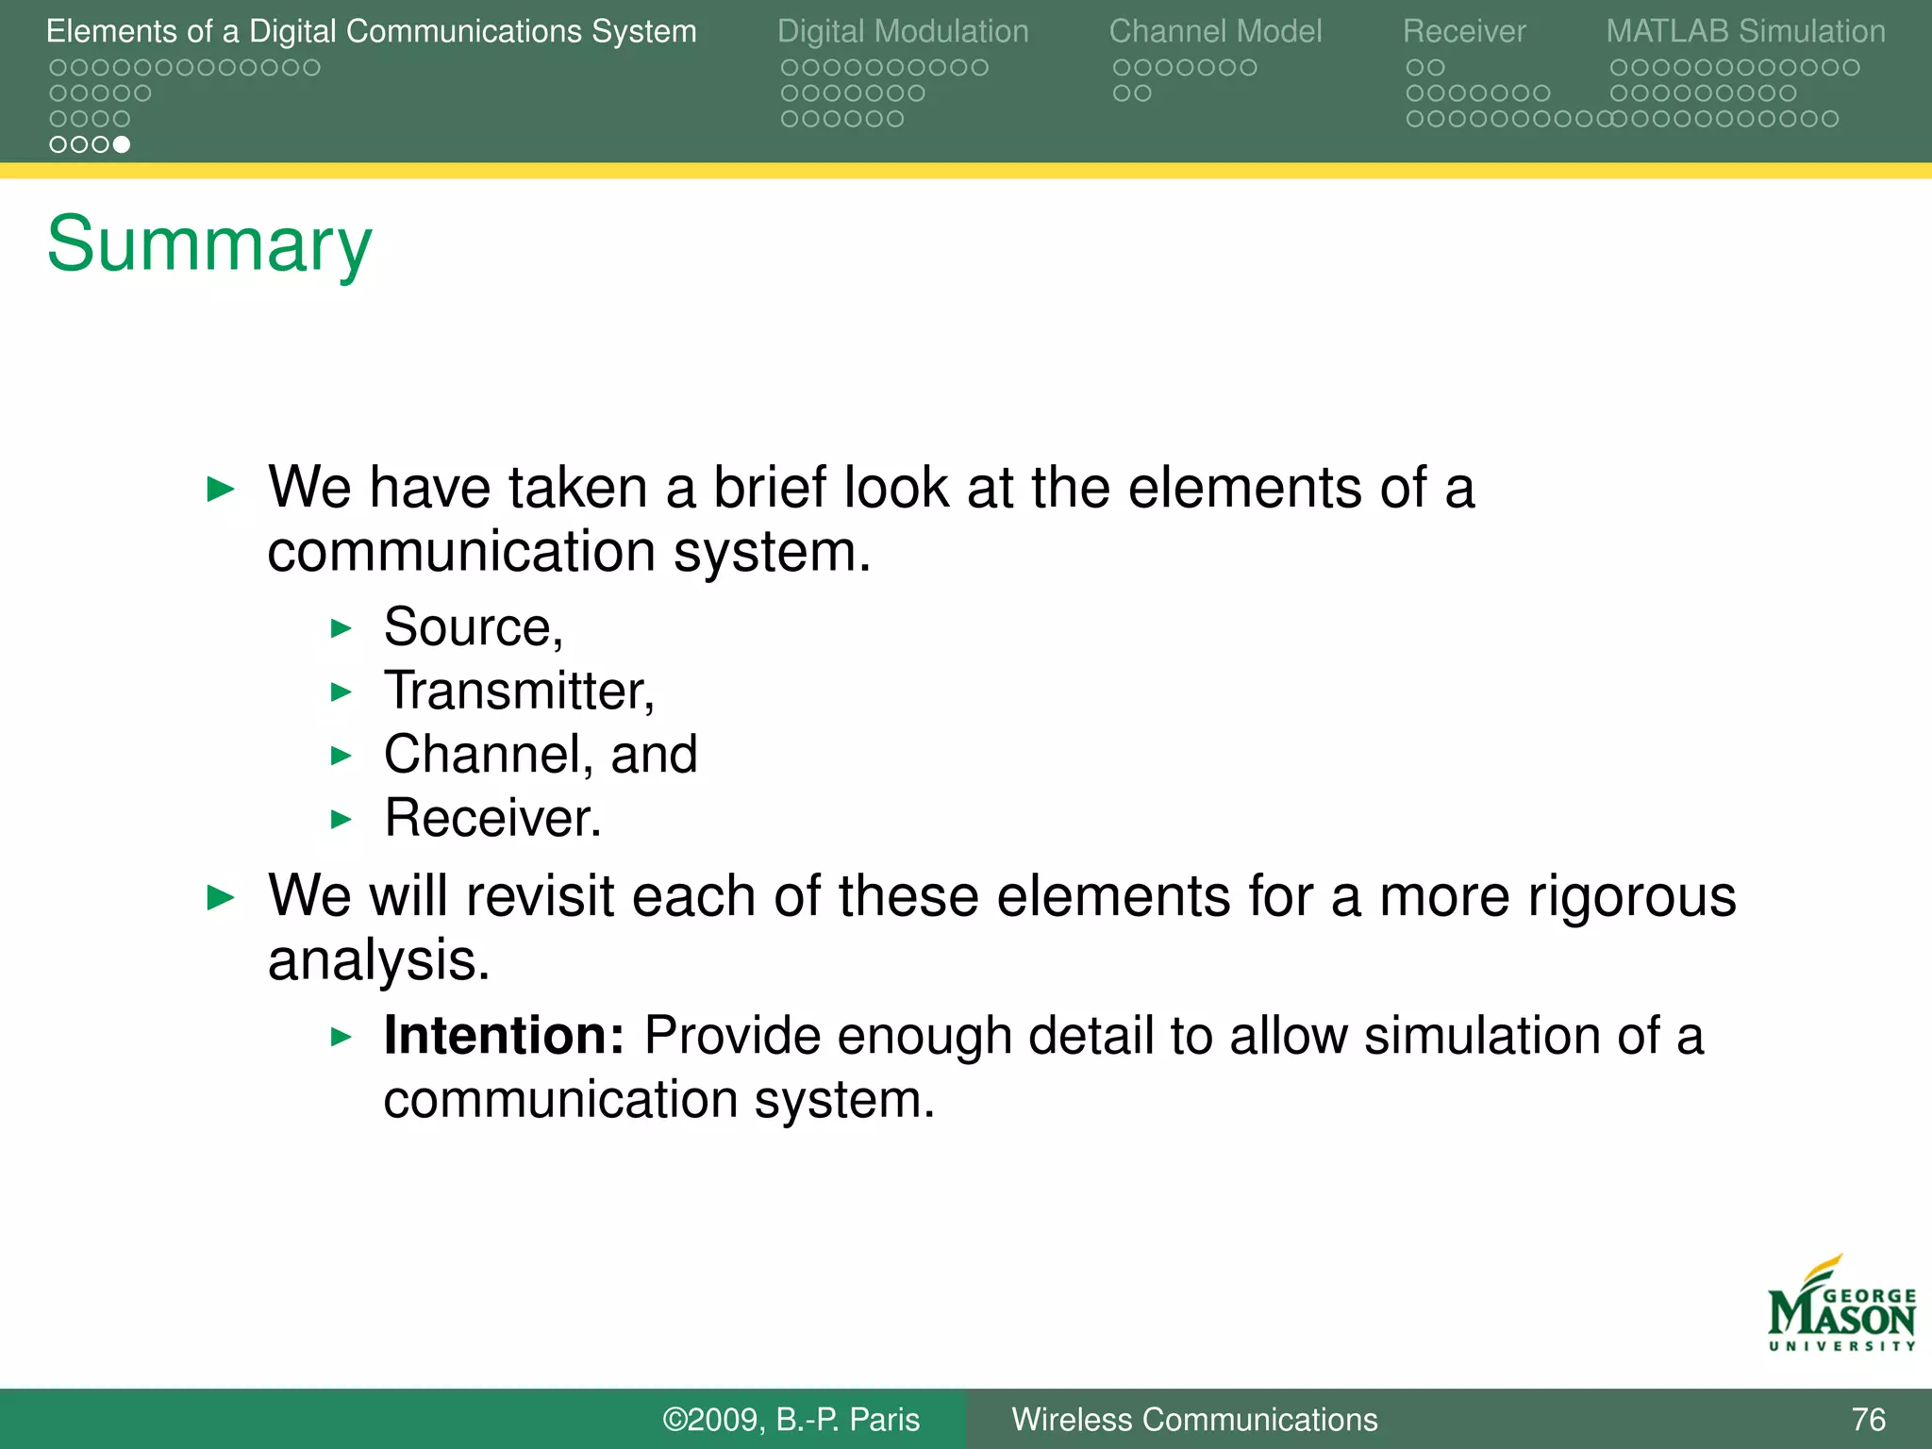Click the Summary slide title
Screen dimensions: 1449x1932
click(209, 244)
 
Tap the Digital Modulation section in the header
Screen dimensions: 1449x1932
click(902, 32)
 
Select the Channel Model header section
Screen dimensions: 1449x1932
click(1215, 32)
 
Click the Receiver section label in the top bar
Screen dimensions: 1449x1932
click(1463, 32)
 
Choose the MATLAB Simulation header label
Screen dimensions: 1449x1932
click(1745, 32)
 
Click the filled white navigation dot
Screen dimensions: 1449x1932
click(122, 144)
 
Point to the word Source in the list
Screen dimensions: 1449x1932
click(468, 627)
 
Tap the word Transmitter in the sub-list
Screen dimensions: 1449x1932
click(515, 691)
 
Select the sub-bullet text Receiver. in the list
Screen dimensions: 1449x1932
click(492, 818)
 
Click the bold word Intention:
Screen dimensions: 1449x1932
click(504, 1036)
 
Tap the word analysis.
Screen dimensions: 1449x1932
click(378, 960)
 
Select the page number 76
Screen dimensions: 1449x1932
click(1868, 1420)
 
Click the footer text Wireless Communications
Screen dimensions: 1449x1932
click(1194, 1420)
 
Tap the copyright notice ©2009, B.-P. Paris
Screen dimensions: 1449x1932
click(791, 1420)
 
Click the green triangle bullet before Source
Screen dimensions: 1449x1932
click(341, 628)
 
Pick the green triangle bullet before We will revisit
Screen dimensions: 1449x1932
click(220, 897)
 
